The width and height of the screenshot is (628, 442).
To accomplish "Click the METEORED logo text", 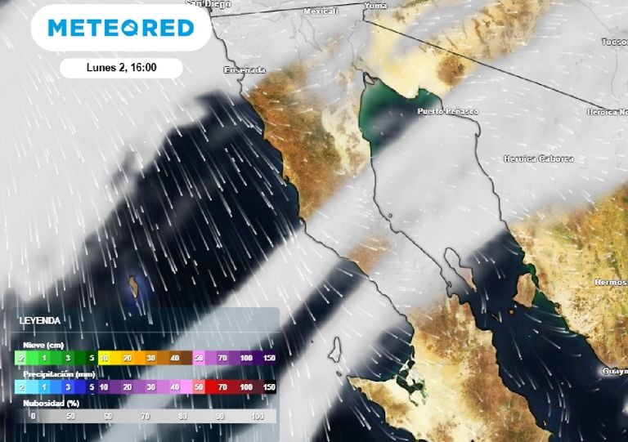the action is click(x=121, y=29).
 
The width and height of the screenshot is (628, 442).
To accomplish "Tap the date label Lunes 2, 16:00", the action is click(x=121, y=68).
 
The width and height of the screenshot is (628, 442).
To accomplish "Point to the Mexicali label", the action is click(x=321, y=11).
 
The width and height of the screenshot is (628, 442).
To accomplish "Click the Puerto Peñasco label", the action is click(x=447, y=111).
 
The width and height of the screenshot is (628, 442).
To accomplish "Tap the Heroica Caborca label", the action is click(x=538, y=158).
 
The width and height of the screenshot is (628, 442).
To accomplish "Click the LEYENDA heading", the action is click(x=39, y=321).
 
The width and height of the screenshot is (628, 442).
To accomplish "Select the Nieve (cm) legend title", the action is click(x=43, y=345).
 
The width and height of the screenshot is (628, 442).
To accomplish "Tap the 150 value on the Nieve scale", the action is click(x=269, y=358).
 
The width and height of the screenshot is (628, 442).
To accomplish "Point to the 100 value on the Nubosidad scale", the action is click(x=258, y=417).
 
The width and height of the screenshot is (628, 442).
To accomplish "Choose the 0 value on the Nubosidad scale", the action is click(x=33, y=417).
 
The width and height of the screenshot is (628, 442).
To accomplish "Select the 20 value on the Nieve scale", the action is click(x=128, y=358).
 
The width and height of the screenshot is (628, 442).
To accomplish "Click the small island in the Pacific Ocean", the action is click(x=131, y=286).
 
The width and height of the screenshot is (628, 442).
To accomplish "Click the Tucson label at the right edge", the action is click(x=615, y=41).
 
